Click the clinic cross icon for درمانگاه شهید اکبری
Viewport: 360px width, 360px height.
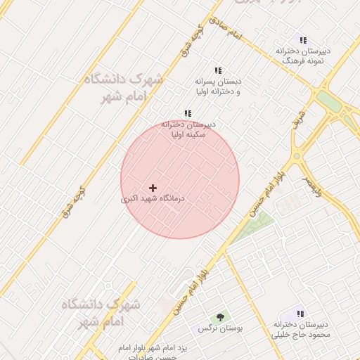tap(153, 188)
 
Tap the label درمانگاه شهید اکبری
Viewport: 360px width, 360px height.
tap(153, 199)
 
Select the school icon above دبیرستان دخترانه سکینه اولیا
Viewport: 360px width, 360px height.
tap(188, 112)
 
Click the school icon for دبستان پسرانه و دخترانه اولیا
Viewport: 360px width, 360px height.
tap(218, 71)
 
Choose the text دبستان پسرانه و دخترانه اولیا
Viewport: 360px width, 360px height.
tap(218, 86)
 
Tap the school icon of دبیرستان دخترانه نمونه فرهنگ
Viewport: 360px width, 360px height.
tap(303, 41)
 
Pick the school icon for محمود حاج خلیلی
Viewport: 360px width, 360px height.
tap(301, 314)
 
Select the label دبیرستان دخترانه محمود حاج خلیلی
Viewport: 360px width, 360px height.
tap(301, 329)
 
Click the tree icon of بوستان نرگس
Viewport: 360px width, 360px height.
tap(220, 317)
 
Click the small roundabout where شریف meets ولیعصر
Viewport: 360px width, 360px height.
tap(297, 155)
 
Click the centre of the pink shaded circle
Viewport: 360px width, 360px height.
tap(180, 179)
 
